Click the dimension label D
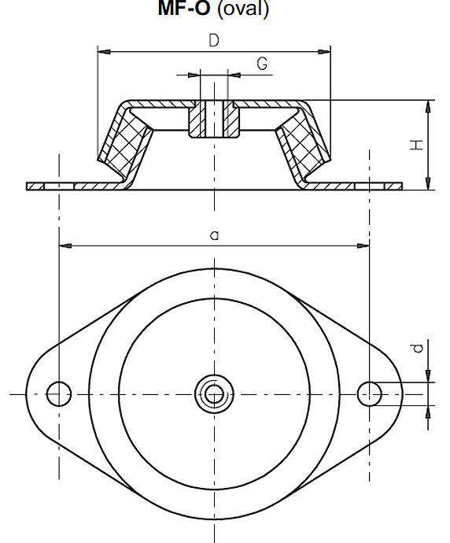[214, 40]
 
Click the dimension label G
[263, 64]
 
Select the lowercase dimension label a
[215, 235]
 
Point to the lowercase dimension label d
[419, 348]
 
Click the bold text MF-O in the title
[184, 9]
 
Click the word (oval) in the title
[243, 9]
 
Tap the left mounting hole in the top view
[59, 393]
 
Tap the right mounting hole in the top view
[370, 393]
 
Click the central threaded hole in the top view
[214, 393]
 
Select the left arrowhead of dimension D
[104, 52]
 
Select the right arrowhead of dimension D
[324, 52]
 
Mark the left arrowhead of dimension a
[65, 246]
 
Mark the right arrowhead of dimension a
[363, 246]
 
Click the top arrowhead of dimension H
[428, 107]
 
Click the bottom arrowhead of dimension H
[428, 183]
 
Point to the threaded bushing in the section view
[214, 119]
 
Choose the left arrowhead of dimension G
[194, 75]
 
